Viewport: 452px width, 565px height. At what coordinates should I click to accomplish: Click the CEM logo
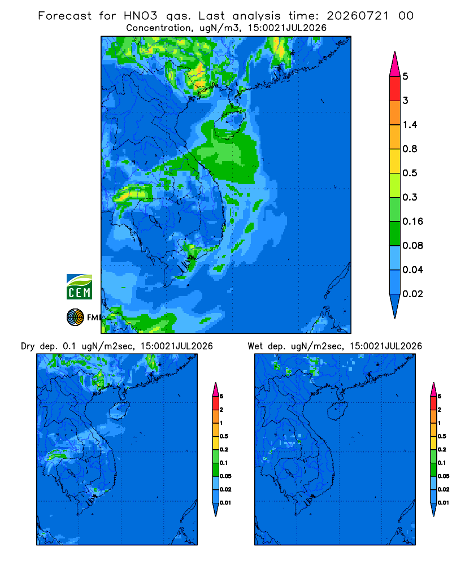(x=79, y=287)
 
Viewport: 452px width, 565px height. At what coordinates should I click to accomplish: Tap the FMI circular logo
(x=75, y=318)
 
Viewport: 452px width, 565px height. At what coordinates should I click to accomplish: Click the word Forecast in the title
(x=64, y=16)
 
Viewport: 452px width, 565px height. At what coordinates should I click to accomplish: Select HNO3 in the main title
(x=140, y=16)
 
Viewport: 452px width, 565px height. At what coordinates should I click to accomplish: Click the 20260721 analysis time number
(x=358, y=16)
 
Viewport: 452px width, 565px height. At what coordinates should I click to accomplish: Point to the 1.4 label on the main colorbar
(x=410, y=125)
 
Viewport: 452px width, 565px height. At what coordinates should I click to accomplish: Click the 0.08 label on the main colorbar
(x=412, y=245)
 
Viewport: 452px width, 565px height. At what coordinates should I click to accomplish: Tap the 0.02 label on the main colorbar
(x=412, y=294)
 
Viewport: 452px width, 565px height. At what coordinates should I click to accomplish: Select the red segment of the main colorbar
(x=395, y=89)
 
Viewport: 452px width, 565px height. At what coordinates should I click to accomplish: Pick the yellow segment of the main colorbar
(x=395, y=161)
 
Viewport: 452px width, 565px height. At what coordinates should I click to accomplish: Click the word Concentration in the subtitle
(x=159, y=28)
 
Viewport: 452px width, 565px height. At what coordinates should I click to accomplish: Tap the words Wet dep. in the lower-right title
(x=266, y=346)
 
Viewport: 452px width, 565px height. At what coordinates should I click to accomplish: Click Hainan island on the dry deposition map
(x=119, y=411)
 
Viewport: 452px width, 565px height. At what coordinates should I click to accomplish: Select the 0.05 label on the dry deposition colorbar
(x=225, y=476)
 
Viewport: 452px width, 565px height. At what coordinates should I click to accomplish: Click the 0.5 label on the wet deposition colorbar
(x=441, y=436)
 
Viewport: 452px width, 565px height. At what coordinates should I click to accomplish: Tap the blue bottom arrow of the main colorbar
(x=395, y=304)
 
